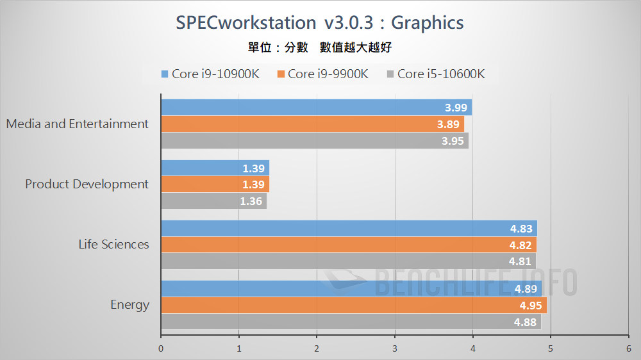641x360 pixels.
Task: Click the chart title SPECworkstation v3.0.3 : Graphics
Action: tap(320, 23)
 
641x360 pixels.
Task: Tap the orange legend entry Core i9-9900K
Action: tap(322, 74)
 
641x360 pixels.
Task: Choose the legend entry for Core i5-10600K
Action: tap(435, 74)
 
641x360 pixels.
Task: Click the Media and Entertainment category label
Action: tap(78, 124)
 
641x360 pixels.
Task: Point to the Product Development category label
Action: tap(87, 184)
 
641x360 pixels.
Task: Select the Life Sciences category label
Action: tap(113, 244)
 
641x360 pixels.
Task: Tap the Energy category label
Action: tap(129, 304)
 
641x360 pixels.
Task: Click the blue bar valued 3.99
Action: tap(316, 108)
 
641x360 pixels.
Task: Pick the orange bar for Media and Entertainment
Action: tap(312, 124)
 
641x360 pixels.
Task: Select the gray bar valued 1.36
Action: tap(213, 200)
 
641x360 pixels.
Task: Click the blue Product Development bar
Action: tap(215, 168)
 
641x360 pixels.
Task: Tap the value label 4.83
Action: tap(521, 229)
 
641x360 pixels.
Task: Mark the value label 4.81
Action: tap(520, 261)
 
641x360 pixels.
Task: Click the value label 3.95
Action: tap(453, 141)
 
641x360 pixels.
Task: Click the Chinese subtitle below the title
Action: tap(320, 48)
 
